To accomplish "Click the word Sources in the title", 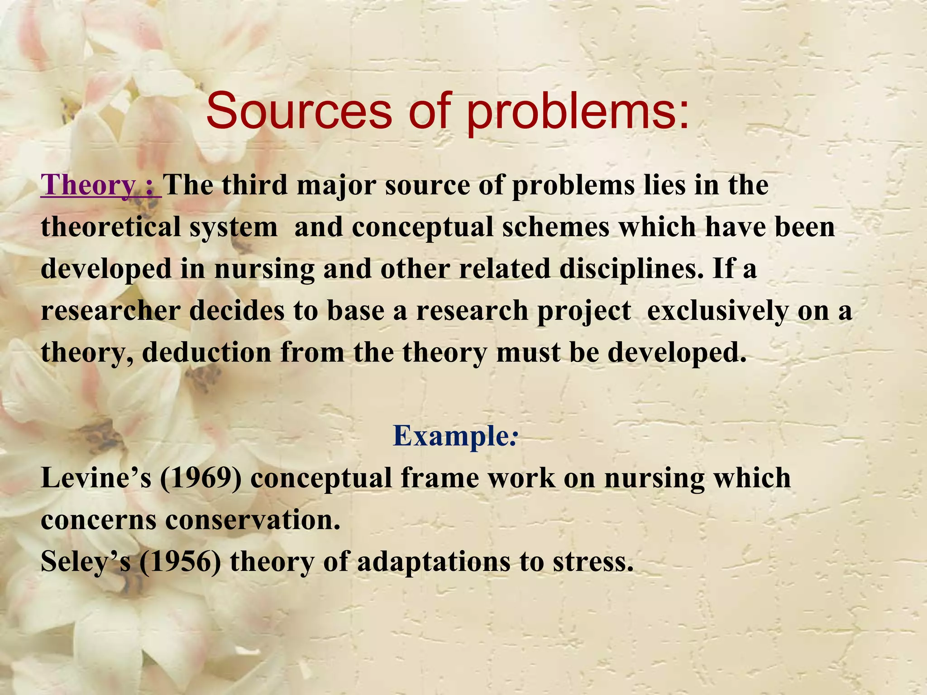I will [x=299, y=111].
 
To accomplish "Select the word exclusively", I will [x=717, y=311].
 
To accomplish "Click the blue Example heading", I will [x=454, y=436].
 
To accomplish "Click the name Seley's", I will [x=86, y=562].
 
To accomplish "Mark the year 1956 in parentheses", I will [x=180, y=562].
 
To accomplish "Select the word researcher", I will [x=110, y=311].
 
